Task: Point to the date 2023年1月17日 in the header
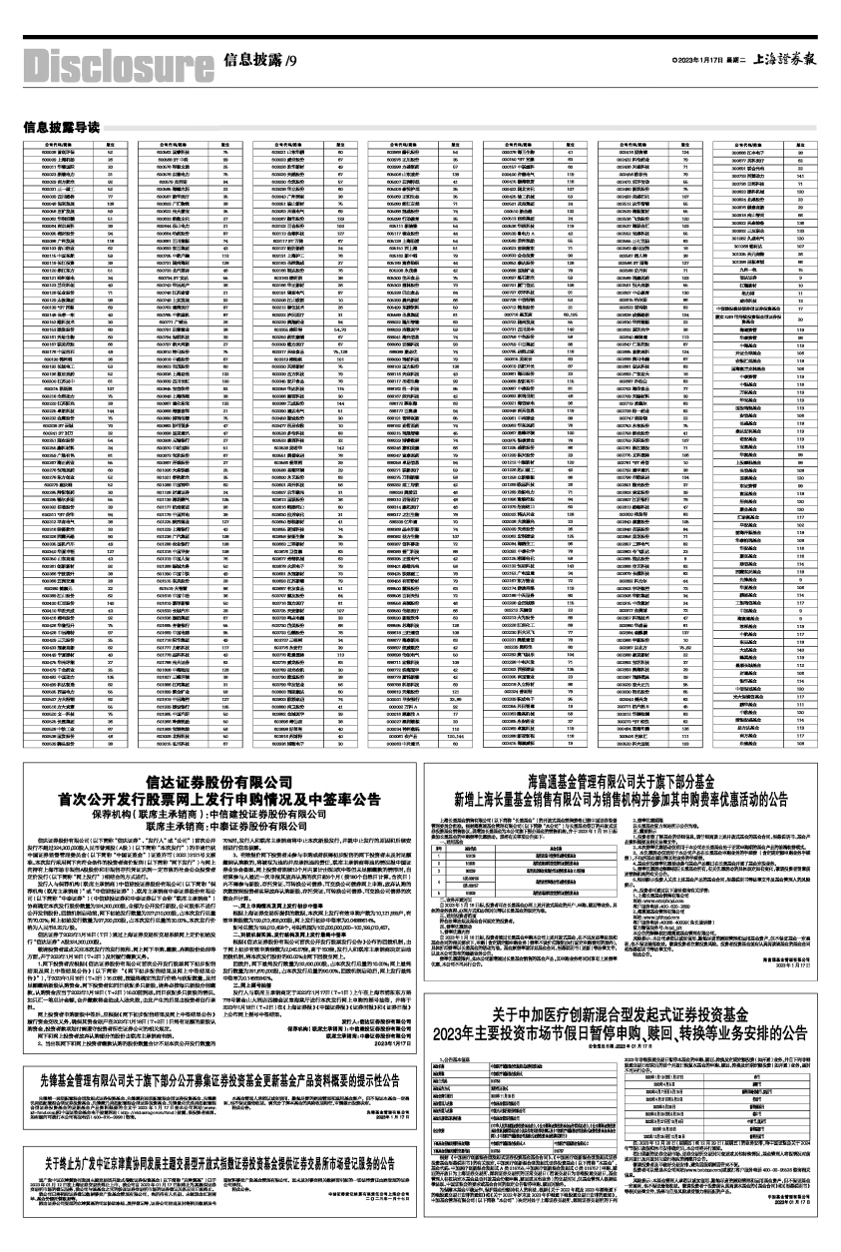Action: pos(692,61)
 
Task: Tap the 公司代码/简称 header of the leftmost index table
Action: pos(48,143)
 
